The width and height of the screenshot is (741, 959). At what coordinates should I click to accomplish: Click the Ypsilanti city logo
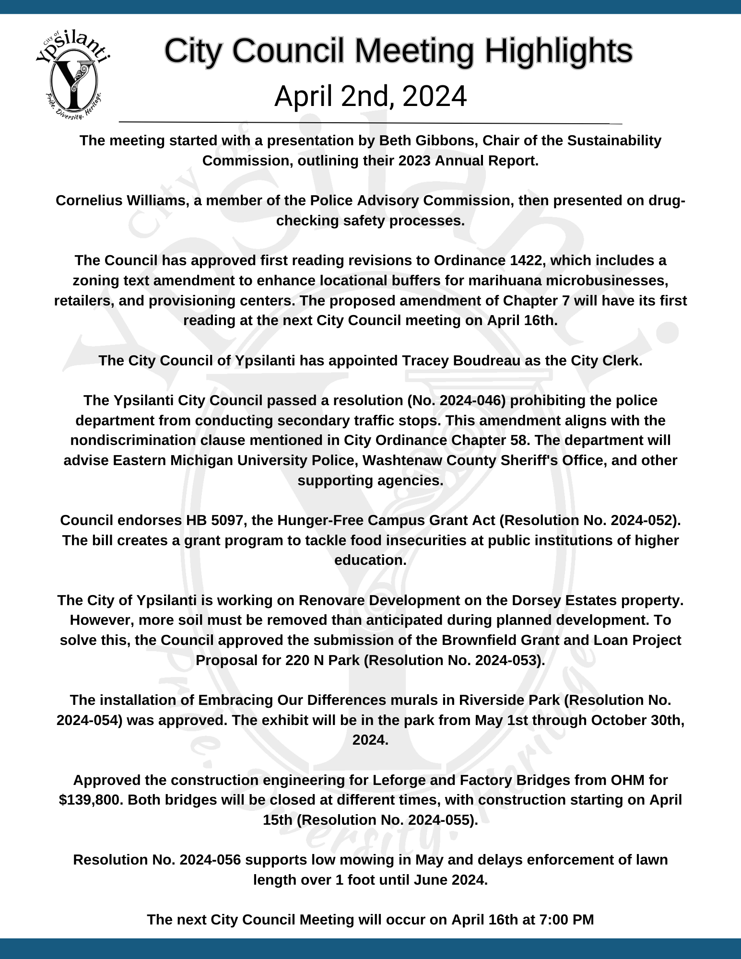click(x=73, y=74)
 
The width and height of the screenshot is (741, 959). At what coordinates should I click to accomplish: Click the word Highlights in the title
click(x=558, y=50)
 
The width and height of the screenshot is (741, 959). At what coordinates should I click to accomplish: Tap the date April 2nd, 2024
click(x=370, y=96)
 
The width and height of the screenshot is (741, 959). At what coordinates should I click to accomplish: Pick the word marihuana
click(x=504, y=281)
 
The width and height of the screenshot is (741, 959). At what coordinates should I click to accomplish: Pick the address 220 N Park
click(x=322, y=660)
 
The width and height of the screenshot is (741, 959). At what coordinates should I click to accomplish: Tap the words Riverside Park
click(x=509, y=700)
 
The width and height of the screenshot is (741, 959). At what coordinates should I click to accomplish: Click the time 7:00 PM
click(x=566, y=919)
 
